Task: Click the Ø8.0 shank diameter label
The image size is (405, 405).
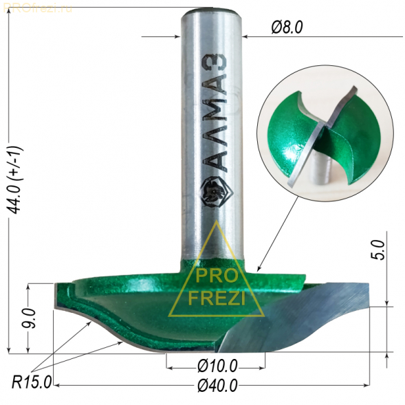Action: click(x=287, y=27)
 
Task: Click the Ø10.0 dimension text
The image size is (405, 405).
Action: click(x=217, y=366)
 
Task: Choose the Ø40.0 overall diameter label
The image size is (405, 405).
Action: click(x=217, y=386)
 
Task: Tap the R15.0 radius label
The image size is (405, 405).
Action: click(x=32, y=382)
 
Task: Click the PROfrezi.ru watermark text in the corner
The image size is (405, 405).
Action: click(x=38, y=8)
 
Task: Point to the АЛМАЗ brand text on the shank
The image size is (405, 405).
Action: click(x=215, y=113)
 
